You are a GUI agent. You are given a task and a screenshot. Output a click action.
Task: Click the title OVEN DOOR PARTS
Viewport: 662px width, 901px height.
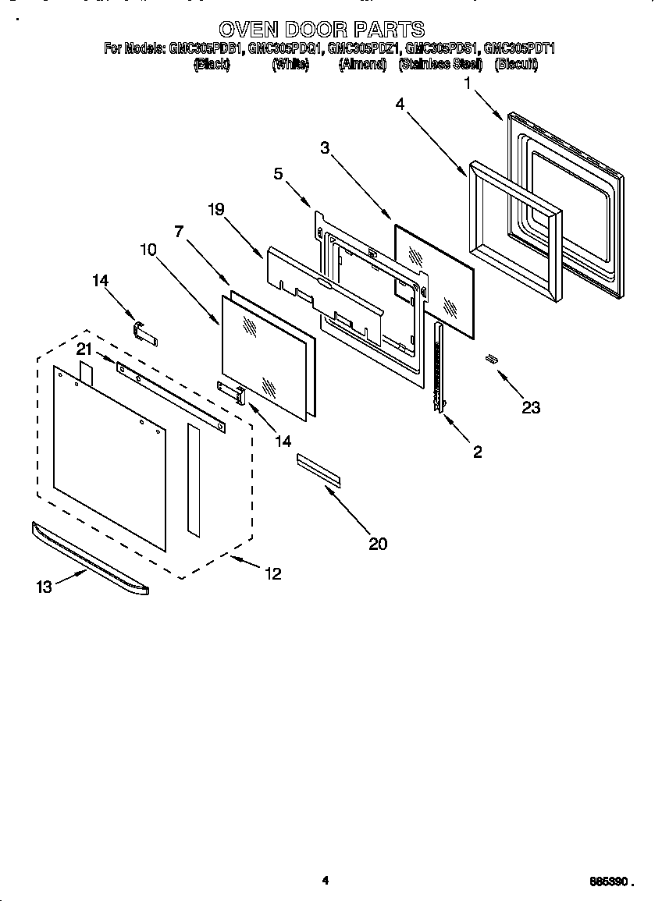322,30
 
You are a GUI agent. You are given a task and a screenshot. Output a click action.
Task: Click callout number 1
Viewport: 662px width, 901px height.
468,83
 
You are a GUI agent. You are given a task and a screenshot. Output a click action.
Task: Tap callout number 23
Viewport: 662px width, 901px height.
531,406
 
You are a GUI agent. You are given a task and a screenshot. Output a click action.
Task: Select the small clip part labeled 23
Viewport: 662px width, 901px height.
492,358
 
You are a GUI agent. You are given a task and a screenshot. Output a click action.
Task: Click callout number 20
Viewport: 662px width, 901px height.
378,544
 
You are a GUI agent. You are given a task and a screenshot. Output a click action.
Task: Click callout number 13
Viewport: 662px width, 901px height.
44,587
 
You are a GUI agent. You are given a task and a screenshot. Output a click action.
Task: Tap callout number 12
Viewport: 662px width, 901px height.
272,573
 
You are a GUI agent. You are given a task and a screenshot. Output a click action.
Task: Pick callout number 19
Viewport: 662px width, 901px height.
216,208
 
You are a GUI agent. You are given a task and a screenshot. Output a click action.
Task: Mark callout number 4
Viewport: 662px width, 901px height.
399,105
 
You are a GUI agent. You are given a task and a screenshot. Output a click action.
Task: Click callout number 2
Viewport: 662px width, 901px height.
477,452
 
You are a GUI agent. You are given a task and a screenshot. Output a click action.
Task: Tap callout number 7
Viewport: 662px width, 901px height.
179,231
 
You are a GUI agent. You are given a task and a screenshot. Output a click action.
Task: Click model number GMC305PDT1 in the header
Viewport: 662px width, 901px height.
519,48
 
